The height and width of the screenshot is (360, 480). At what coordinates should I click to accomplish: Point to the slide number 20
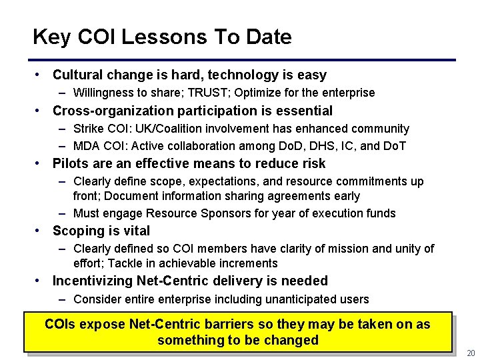(471, 353)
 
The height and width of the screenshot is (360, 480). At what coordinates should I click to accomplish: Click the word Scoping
(77, 231)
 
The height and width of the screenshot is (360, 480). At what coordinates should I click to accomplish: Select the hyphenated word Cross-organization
(111, 111)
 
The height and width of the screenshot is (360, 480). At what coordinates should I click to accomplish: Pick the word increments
(244, 263)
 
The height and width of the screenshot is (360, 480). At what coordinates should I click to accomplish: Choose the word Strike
(88, 128)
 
